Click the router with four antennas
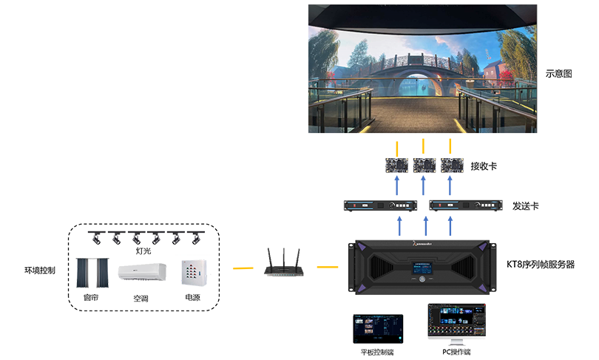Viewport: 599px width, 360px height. click(x=278, y=270)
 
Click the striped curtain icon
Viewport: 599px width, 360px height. click(x=92, y=271)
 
